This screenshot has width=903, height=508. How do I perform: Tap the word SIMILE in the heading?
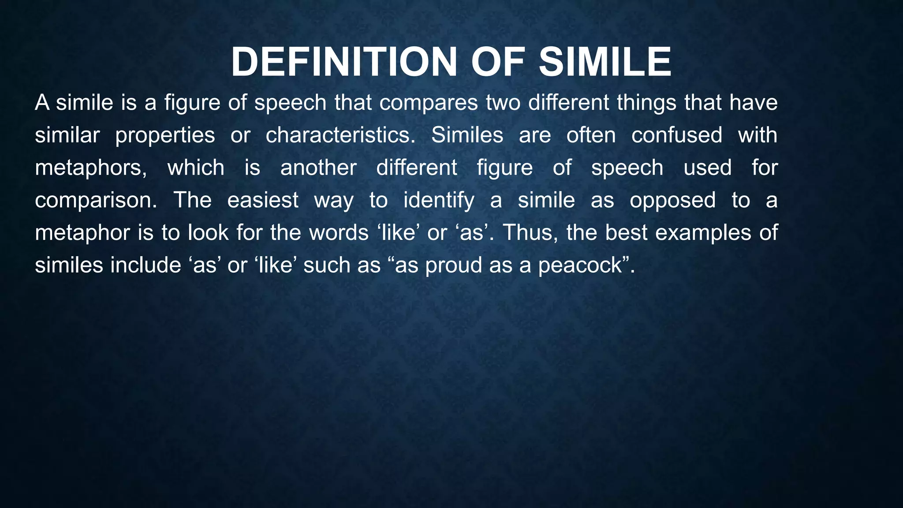coord(605,62)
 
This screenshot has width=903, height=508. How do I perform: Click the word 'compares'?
coord(429,103)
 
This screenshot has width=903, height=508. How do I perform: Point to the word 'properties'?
coord(165,135)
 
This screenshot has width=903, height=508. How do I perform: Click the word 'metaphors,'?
coord(91,168)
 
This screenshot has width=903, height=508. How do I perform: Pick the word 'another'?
coord(318,168)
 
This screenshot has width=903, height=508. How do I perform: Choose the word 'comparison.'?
coord(96,201)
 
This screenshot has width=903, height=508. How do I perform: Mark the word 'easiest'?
coord(263,200)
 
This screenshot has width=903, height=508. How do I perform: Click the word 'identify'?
coord(439,201)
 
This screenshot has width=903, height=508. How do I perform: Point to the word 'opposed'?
coord(672,201)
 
